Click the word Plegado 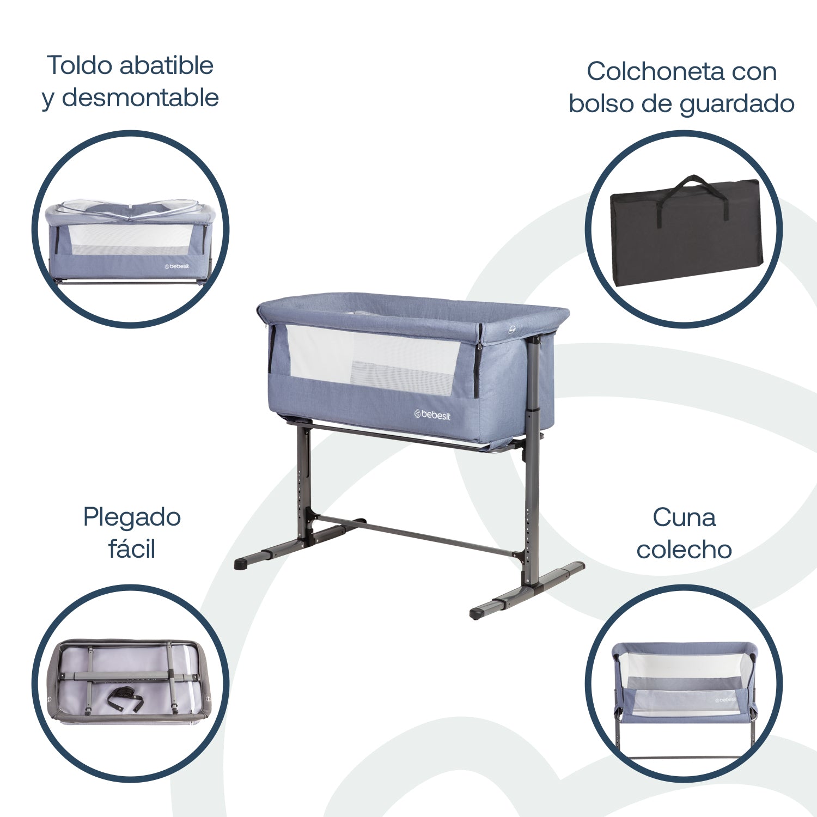tap(132, 517)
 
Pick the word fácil tap(132, 549)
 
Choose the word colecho tap(684, 550)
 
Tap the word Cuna tap(684, 517)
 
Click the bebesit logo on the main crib tap(432, 415)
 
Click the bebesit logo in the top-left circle tap(177, 266)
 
